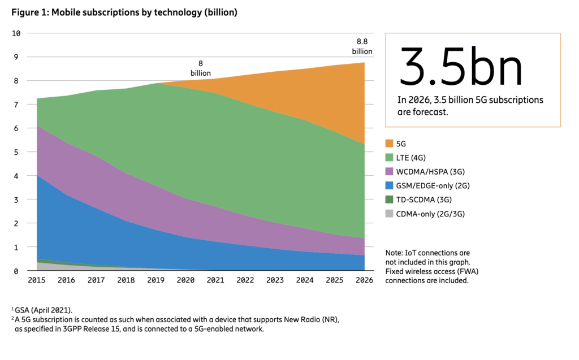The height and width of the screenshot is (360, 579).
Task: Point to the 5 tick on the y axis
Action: [18, 152]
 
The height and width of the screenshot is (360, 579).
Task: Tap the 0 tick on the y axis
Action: [18, 271]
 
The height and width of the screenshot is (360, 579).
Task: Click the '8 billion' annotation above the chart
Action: [200, 68]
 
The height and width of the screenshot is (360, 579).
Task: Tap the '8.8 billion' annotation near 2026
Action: [362, 46]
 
